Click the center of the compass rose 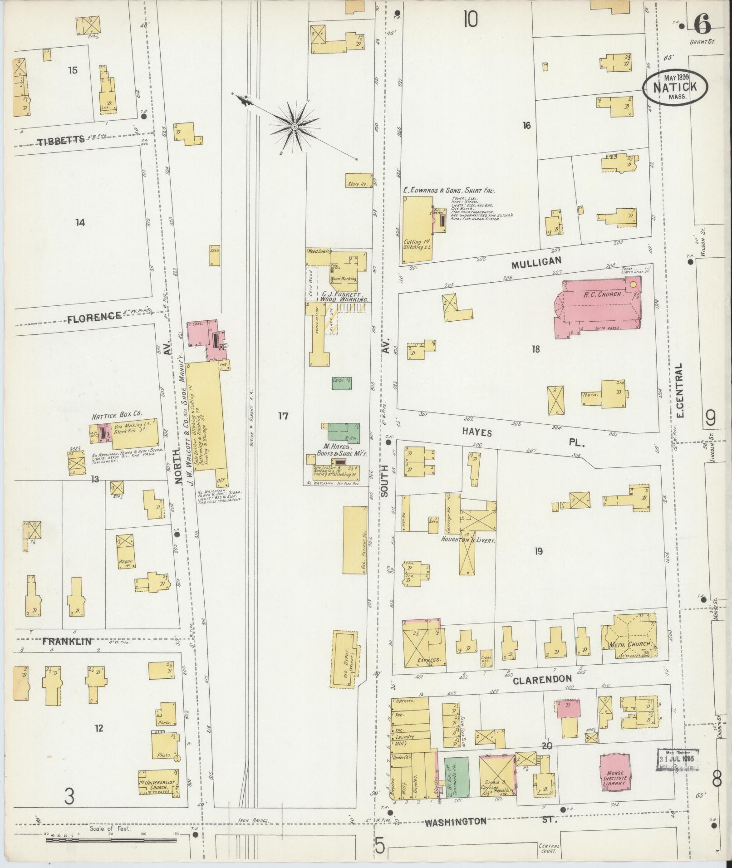(294, 126)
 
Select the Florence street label (95, 316)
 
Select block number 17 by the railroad (283, 416)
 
